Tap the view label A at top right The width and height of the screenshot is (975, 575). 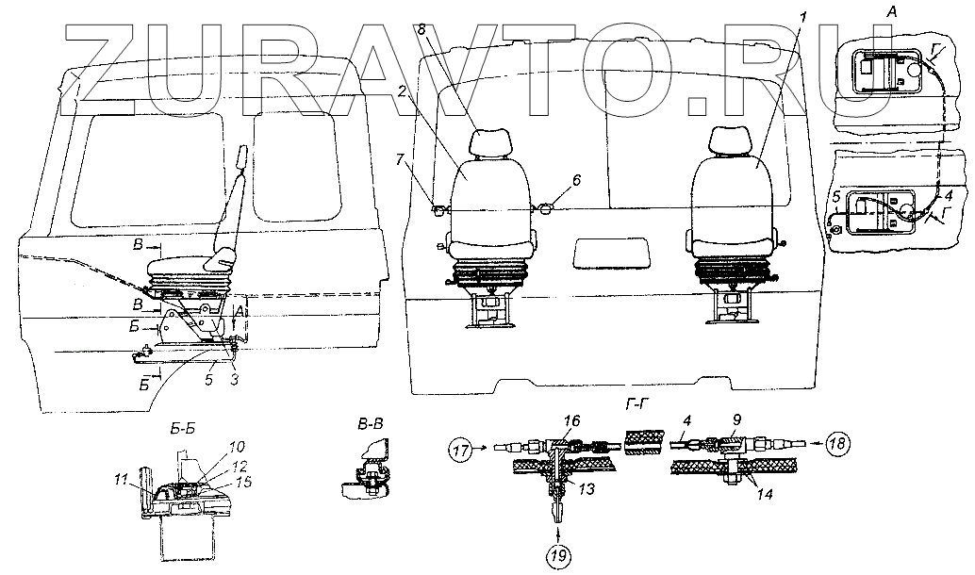click(x=892, y=10)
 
